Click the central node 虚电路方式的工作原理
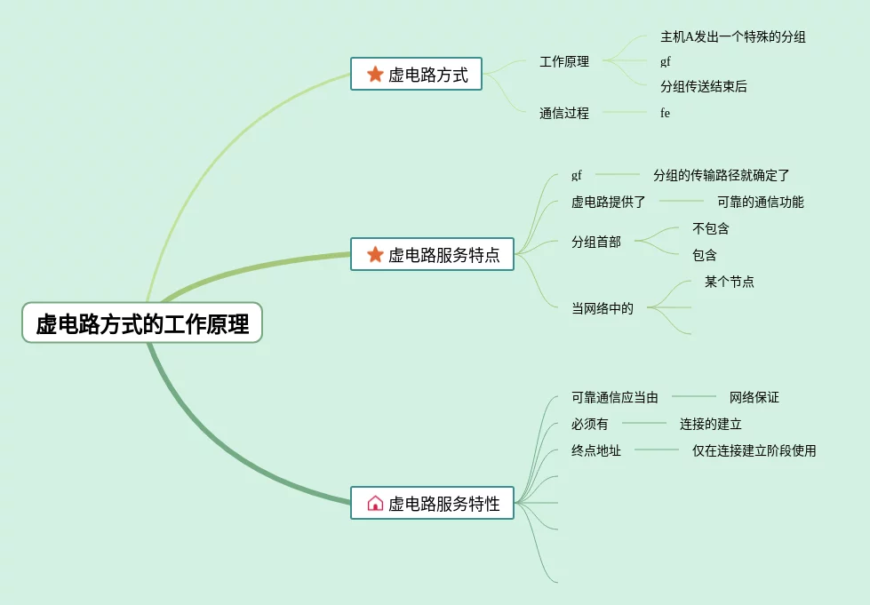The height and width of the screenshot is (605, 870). point(142,323)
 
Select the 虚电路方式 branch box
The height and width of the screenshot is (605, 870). point(416,75)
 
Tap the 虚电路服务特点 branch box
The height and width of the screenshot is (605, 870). point(433,255)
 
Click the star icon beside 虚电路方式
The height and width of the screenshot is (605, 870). point(375,75)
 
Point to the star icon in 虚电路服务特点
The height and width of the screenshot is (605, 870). point(375,255)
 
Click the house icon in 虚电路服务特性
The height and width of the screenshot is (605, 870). point(375,504)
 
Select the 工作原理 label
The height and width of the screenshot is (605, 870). point(563,62)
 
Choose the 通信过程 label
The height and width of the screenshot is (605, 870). point(563,113)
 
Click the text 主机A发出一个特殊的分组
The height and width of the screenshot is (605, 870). point(732,36)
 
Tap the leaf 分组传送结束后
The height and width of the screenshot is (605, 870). point(703,86)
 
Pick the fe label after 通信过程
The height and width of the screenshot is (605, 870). point(665,113)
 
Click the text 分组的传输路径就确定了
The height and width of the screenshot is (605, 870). point(721,175)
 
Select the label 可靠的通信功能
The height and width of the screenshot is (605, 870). point(760,202)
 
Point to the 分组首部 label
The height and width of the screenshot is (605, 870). point(595,242)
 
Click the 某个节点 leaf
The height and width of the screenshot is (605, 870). point(729,282)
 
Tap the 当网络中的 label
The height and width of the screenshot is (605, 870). point(602,308)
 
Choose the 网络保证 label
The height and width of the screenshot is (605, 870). point(754,397)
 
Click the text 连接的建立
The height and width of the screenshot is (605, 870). point(710,424)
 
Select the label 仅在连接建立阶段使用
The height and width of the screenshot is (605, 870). point(754,450)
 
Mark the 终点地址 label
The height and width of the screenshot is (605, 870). point(595,450)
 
